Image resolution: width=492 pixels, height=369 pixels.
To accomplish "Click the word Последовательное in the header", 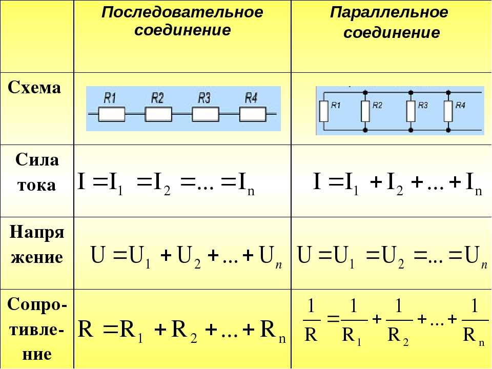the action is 182,12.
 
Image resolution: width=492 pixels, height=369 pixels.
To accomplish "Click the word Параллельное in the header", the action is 389,12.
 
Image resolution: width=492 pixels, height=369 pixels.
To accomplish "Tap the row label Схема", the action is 34,88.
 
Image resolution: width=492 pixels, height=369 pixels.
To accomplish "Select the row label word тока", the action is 37,185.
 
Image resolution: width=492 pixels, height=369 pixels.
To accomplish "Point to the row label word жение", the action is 37,257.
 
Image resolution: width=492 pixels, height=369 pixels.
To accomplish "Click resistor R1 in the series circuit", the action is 111,114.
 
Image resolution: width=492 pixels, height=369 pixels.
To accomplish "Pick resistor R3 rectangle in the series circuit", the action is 205,114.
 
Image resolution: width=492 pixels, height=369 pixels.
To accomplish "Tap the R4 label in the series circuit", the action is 251,98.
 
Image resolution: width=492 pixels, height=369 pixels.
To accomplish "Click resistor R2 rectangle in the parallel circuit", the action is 365,111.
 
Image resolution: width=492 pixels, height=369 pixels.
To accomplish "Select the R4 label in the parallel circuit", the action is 460,106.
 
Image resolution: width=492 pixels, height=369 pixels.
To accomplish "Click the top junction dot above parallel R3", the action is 411,93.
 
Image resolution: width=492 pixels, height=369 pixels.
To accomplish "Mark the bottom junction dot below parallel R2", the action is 365,130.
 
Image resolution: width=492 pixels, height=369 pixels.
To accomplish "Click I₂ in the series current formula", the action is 162,184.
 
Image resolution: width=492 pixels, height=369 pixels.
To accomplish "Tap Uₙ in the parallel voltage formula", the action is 476,257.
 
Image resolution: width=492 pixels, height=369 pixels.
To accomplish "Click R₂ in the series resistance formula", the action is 184,332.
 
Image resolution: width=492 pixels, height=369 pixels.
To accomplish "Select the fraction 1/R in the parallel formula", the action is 311,320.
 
